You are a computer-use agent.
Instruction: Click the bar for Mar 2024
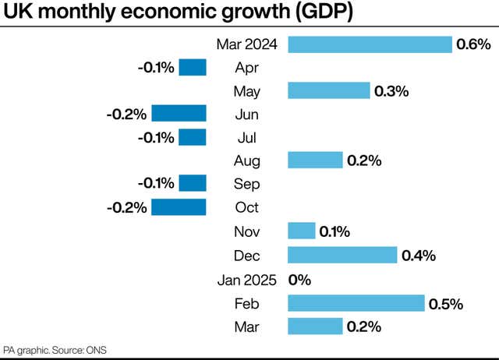click(370, 44)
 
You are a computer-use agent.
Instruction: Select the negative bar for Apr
click(193, 68)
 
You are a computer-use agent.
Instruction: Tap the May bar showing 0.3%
click(329, 91)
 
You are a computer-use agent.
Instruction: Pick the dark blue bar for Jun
click(179, 115)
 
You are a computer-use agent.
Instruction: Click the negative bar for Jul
click(193, 138)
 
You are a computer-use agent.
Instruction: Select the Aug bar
click(315, 161)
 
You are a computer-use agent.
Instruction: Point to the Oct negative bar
click(179, 207)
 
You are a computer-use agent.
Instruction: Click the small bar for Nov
click(302, 231)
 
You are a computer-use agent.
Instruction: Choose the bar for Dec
click(342, 255)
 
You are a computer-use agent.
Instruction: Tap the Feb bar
click(356, 303)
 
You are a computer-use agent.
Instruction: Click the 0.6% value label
click(472, 44)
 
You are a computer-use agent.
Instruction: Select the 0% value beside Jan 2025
click(300, 279)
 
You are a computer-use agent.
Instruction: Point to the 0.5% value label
click(445, 303)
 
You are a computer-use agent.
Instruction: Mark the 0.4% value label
click(418, 255)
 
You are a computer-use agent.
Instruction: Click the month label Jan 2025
click(241, 279)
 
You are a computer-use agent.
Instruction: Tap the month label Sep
click(247, 184)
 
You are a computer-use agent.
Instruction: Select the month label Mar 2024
click(241, 44)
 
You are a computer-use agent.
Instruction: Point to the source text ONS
click(97, 350)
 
